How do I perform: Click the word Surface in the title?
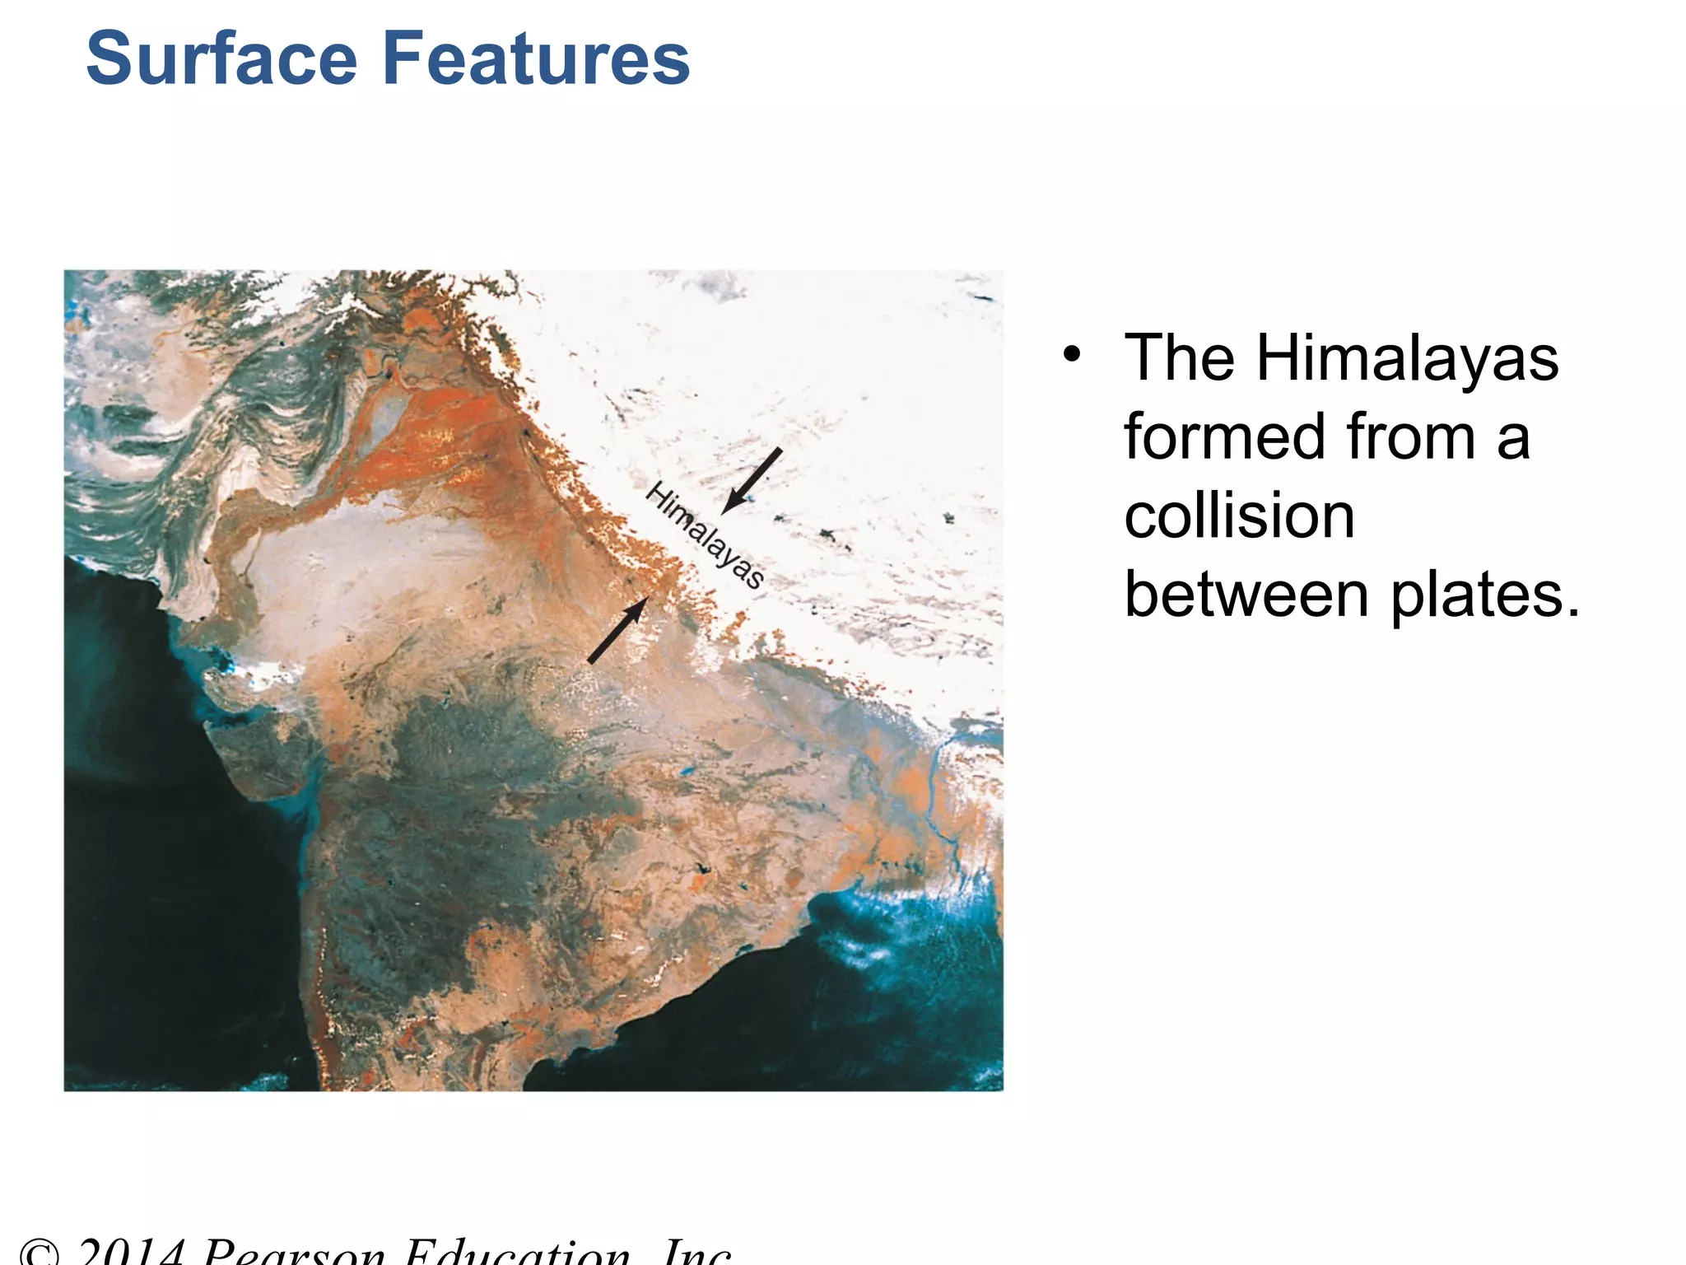point(221,59)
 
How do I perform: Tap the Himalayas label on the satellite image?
point(705,535)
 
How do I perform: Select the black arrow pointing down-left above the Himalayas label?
point(752,480)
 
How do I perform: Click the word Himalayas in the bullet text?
point(1407,359)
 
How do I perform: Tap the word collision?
point(1239,516)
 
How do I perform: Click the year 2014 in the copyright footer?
point(132,1253)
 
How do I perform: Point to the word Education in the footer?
point(519,1253)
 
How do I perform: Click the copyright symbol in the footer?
point(39,1254)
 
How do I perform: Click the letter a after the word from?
point(1513,438)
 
